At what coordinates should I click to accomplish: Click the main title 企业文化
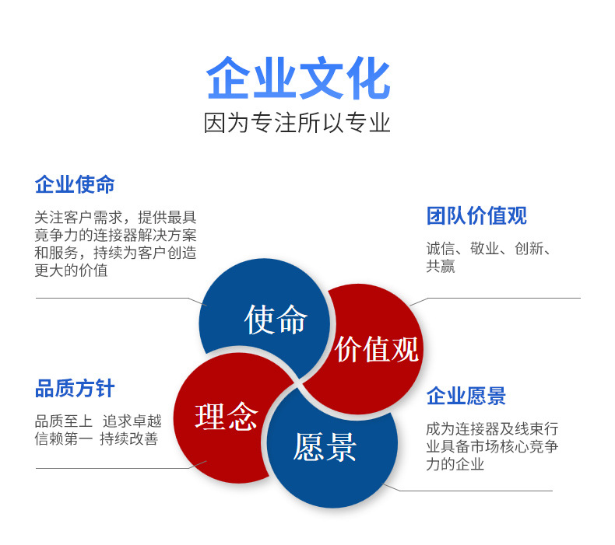[298, 79]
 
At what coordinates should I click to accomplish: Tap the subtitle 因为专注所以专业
[297, 123]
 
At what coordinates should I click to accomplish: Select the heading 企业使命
[75, 185]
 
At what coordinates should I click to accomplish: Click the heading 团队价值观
[476, 216]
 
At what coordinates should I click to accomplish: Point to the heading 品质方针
[75, 389]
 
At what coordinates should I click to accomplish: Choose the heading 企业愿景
[466, 397]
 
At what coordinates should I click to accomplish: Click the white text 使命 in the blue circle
[275, 319]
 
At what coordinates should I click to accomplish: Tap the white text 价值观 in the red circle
[377, 349]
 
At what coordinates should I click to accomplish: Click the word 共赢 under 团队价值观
[441, 267]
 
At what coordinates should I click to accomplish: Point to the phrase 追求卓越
[132, 421]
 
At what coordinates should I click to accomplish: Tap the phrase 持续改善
[129, 439]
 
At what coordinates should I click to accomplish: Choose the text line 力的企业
[455, 464]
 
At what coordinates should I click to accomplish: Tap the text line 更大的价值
[71, 271]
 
